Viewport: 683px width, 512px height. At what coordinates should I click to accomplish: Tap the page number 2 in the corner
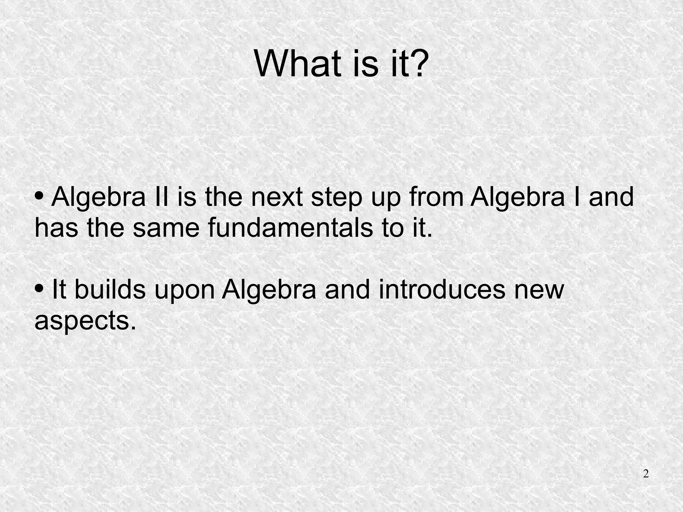tap(646, 474)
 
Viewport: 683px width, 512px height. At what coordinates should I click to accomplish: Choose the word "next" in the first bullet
tap(276, 197)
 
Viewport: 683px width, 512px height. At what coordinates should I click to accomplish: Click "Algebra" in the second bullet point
tap(269, 290)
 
